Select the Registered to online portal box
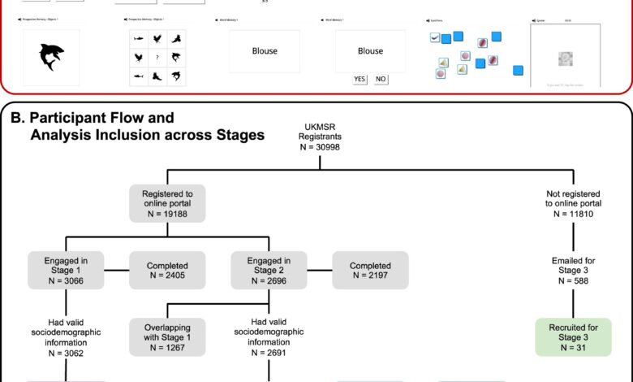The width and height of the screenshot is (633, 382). click(x=166, y=204)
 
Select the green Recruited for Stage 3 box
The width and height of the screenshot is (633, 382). click(x=573, y=336)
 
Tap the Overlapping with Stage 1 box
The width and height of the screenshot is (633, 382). click(x=166, y=336)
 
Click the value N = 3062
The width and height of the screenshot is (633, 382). click(x=66, y=354)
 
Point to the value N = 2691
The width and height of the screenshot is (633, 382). click(x=268, y=354)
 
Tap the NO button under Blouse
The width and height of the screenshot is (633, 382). click(x=380, y=79)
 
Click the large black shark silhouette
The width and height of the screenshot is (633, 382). click(x=50, y=55)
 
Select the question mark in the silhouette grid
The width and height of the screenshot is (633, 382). click(x=157, y=57)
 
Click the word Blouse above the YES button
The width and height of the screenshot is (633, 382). click(x=371, y=50)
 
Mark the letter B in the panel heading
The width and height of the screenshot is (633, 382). click(x=15, y=119)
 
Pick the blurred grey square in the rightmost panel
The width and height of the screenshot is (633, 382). click(x=566, y=59)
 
